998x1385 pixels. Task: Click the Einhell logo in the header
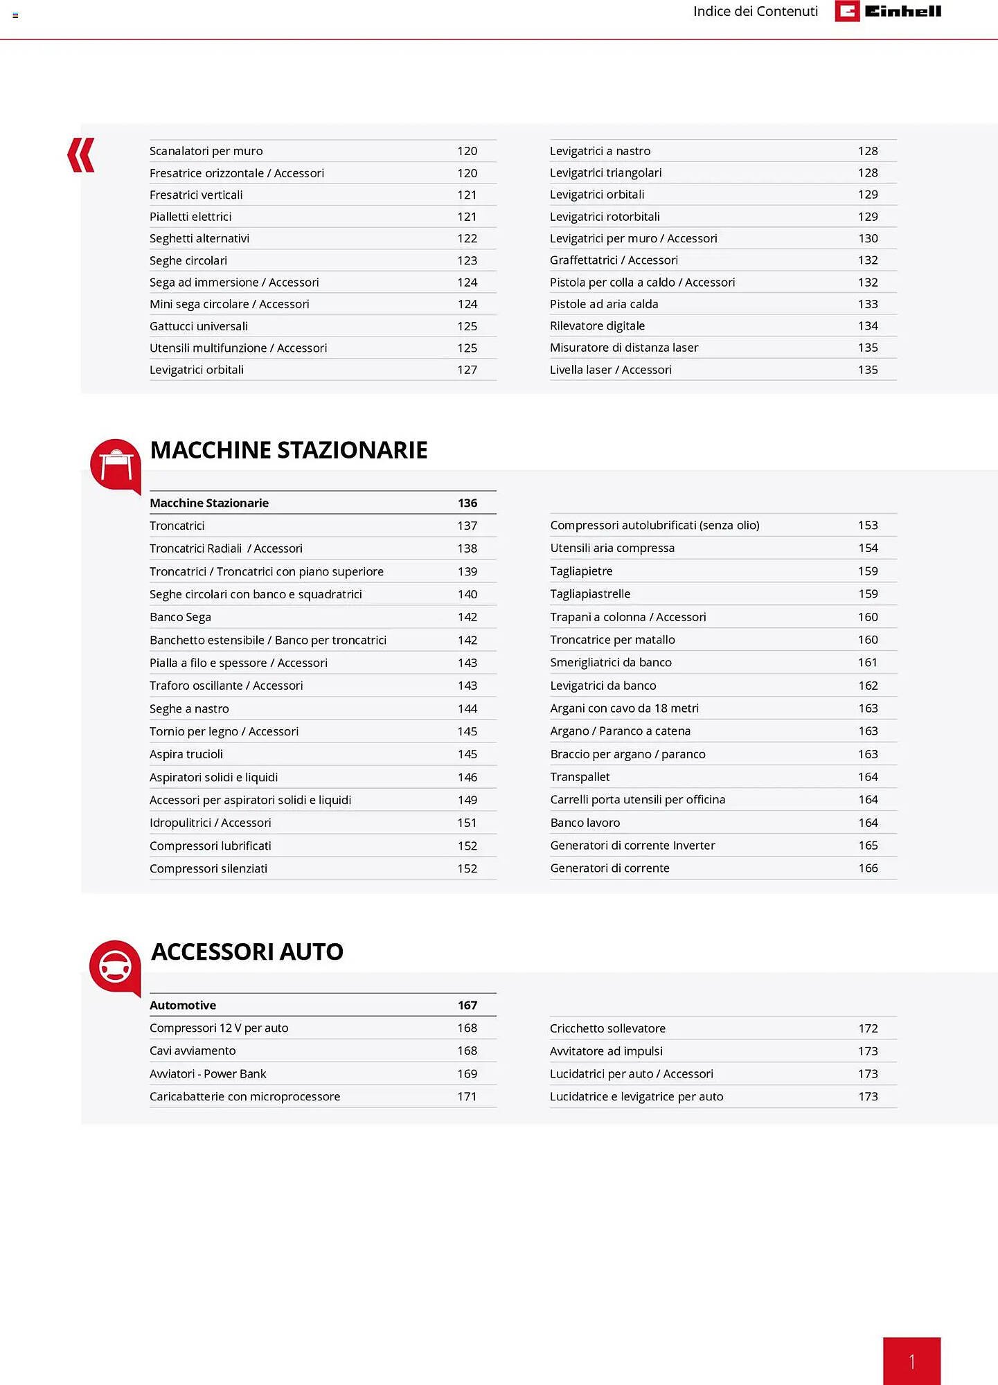pyautogui.click(x=888, y=11)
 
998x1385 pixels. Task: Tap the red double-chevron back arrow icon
pyautogui.click(x=81, y=155)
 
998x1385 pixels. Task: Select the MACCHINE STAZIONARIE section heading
pyautogui.click(x=289, y=450)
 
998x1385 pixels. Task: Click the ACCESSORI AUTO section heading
pyautogui.click(x=247, y=951)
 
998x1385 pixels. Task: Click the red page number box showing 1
pyautogui.click(x=911, y=1361)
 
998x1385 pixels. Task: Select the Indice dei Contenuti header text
pyautogui.click(x=755, y=11)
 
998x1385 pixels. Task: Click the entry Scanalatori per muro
pyautogui.click(x=206, y=151)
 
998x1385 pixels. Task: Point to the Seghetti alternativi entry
pyautogui.click(x=199, y=238)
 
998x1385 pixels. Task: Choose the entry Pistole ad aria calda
pyautogui.click(x=604, y=304)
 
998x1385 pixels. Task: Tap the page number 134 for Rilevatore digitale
pyautogui.click(x=868, y=325)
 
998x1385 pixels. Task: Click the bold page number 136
pyautogui.click(x=467, y=503)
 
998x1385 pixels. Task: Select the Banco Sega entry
pyautogui.click(x=180, y=617)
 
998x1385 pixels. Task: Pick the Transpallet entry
pyautogui.click(x=580, y=777)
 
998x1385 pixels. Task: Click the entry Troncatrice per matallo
pyautogui.click(x=612, y=640)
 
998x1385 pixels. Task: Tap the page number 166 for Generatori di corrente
pyautogui.click(x=868, y=868)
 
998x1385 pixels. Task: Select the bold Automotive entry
pyautogui.click(x=183, y=1005)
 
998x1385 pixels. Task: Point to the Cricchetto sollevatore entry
pyautogui.click(x=607, y=1028)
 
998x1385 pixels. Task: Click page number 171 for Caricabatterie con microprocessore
pyautogui.click(x=467, y=1096)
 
